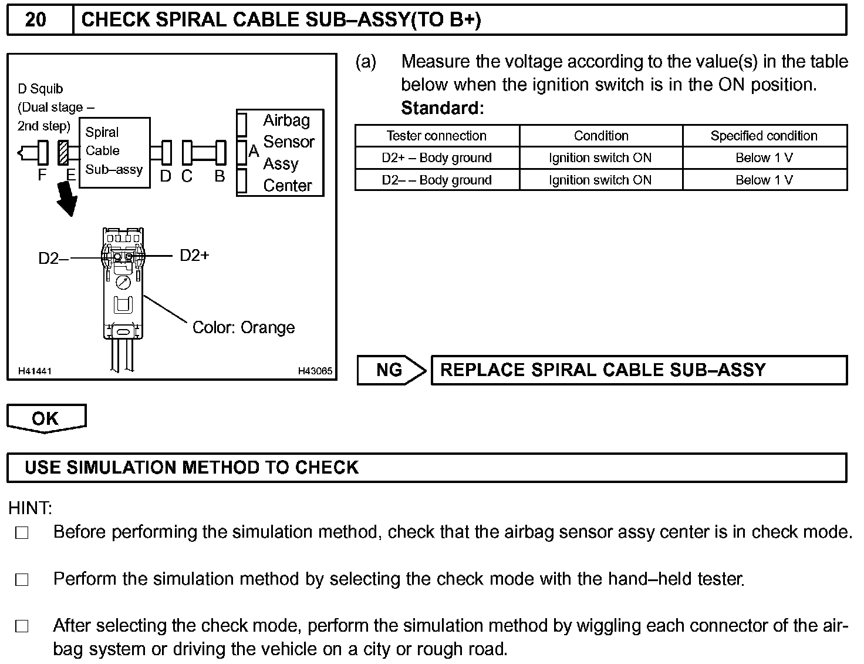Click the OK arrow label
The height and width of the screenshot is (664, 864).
(46, 418)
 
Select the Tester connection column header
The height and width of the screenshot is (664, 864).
(437, 136)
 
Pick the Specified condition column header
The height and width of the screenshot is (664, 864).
(764, 136)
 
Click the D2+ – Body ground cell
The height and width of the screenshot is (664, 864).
(437, 157)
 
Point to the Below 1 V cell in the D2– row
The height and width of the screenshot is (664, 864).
(764, 180)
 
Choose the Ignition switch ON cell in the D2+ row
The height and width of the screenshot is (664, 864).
(600, 157)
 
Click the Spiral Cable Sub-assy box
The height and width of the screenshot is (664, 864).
(114, 152)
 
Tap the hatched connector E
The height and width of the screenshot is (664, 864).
(63, 153)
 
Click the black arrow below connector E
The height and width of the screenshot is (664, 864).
(67, 199)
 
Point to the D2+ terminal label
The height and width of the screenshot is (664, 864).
(194, 256)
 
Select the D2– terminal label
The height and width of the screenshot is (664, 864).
(53, 259)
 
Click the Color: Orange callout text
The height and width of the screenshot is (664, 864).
(244, 327)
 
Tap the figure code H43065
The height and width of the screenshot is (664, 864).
(315, 371)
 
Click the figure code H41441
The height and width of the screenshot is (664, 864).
(35, 371)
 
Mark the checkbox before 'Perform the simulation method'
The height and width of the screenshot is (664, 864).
(22, 580)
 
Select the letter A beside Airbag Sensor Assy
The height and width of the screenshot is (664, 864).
(254, 152)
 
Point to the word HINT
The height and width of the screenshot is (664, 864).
(30, 508)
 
